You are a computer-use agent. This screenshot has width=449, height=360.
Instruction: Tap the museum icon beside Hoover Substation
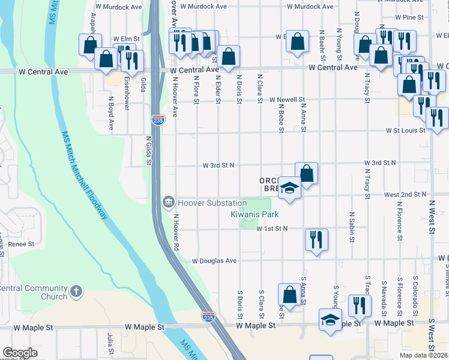tap(169, 200)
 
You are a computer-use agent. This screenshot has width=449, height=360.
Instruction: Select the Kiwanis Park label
tap(255, 214)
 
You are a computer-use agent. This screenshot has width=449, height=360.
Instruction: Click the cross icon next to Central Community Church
tap(76, 291)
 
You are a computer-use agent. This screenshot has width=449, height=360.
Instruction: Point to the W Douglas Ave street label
tap(215, 261)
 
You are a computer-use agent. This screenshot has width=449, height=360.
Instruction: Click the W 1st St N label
tap(272, 229)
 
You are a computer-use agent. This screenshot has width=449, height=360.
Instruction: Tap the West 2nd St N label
tap(405, 194)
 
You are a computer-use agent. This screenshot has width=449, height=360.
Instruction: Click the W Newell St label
tap(288, 100)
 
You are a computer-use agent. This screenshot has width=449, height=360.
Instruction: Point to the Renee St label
tap(21, 244)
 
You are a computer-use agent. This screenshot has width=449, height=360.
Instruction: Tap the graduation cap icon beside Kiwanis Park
tap(289, 187)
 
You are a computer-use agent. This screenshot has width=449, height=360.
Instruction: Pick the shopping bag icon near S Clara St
tap(289, 295)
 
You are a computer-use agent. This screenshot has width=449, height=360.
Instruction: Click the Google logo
tap(20, 353)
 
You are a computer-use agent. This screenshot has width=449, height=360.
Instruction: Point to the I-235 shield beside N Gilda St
tap(158, 120)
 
